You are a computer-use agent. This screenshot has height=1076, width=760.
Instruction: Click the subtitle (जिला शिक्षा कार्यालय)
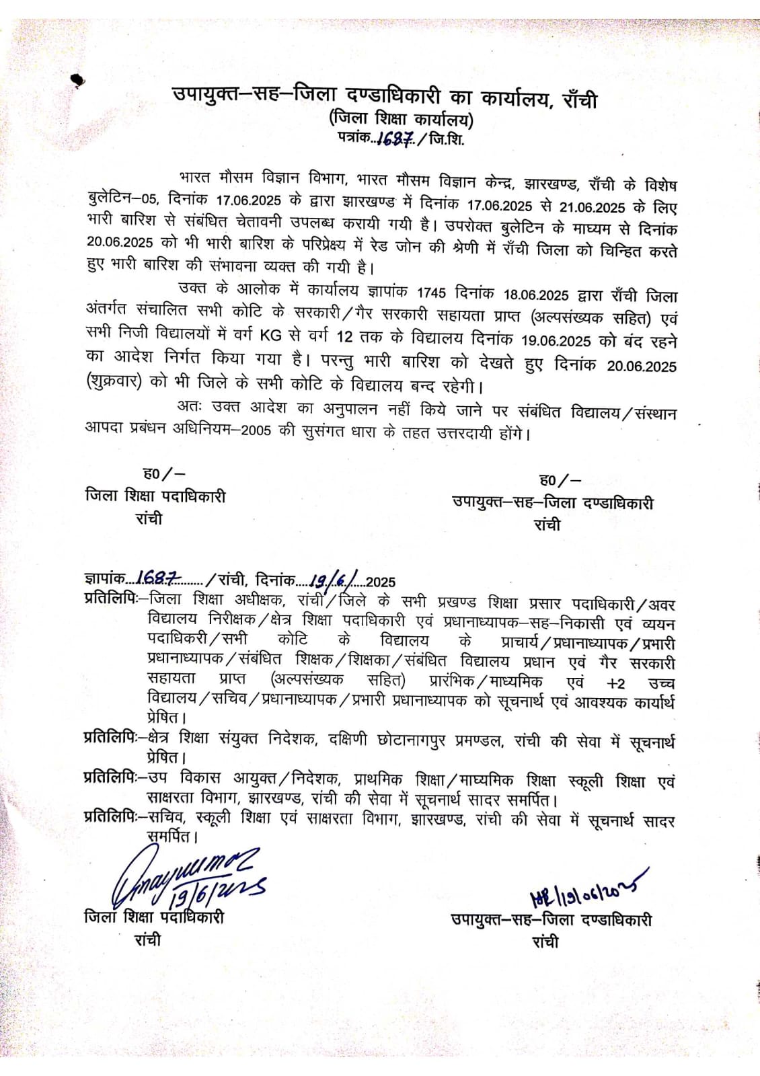402,120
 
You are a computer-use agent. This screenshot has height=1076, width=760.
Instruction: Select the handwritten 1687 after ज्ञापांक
157,578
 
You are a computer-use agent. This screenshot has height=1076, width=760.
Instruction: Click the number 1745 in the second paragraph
431,293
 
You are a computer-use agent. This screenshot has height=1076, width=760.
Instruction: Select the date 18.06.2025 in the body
536,295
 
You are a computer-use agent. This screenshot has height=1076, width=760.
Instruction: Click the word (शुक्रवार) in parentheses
114,382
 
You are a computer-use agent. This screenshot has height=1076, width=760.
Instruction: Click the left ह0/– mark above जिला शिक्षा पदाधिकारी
164,473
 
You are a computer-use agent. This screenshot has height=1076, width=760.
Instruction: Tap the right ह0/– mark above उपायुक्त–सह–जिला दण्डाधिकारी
560,479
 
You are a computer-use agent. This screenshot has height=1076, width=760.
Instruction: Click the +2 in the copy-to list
615,683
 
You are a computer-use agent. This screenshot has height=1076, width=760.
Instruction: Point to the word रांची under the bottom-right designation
545,942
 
